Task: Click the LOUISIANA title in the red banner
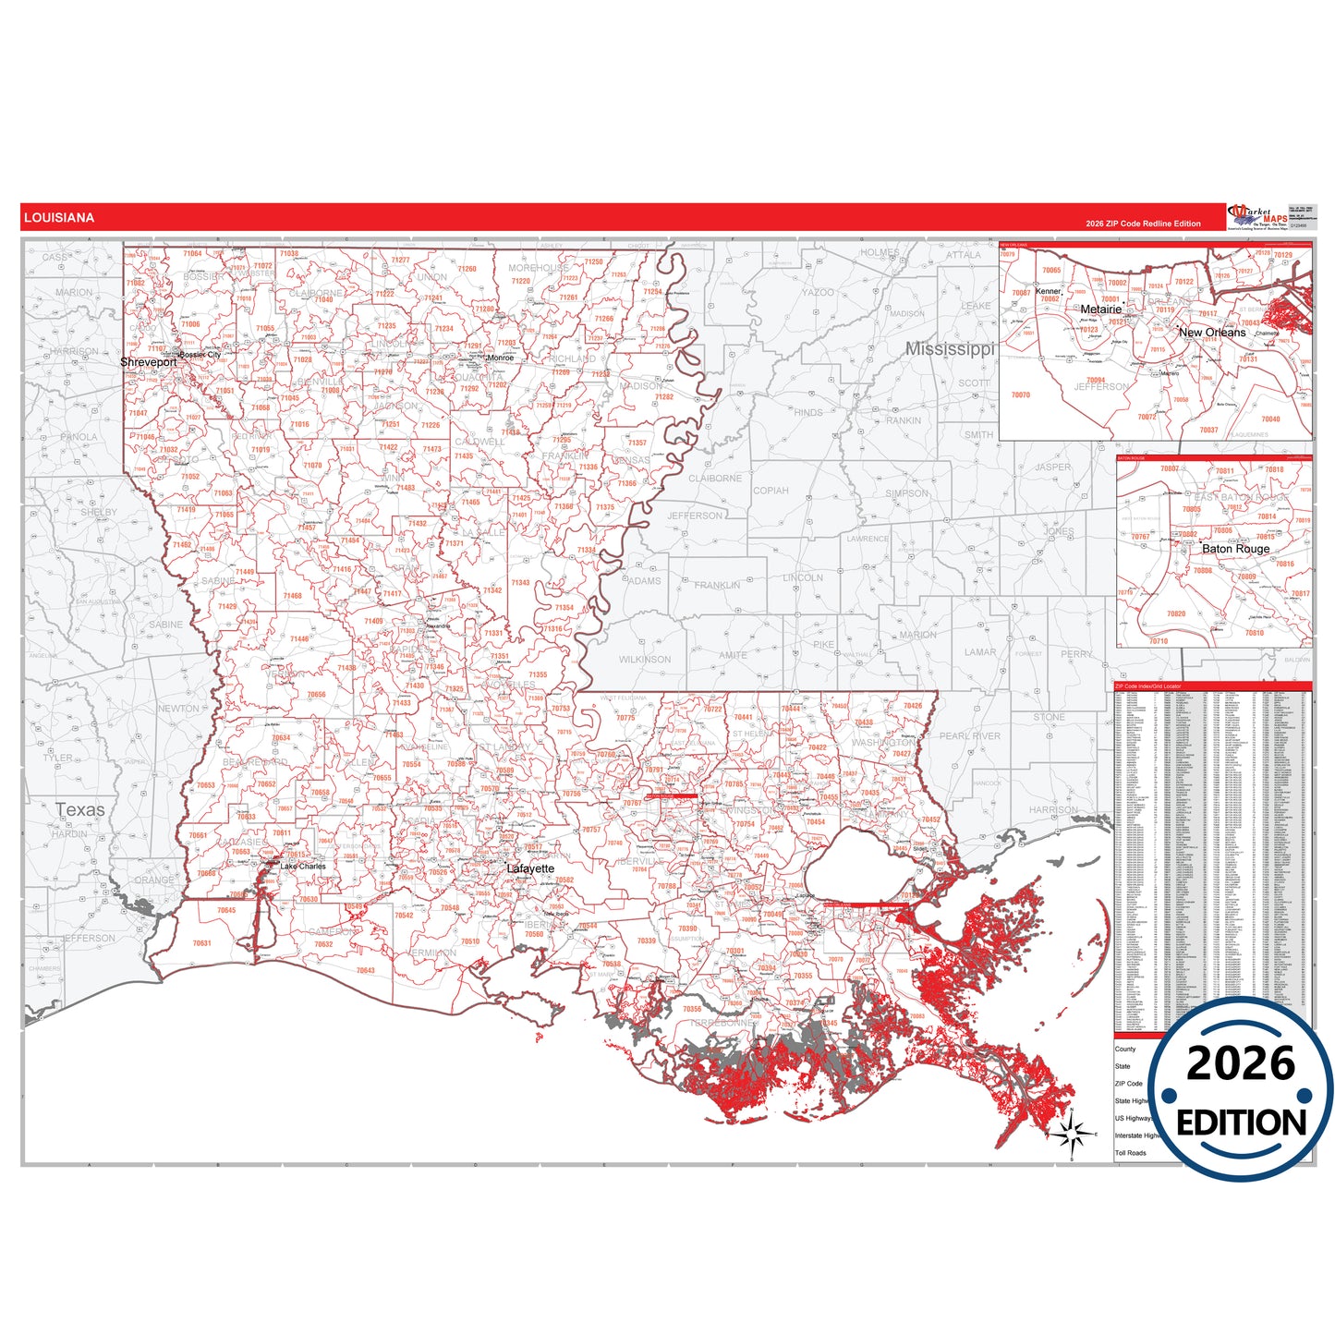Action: click(x=59, y=218)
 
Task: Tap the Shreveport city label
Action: click(x=148, y=362)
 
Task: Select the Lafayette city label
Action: click(x=530, y=868)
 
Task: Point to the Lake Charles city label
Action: click(x=303, y=867)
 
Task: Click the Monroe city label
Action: click(x=500, y=358)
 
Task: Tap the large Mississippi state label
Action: click(x=949, y=349)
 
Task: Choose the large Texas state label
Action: click(x=80, y=810)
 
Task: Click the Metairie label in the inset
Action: click(x=1100, y=309)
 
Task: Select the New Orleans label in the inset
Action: click(x=1211, y=333)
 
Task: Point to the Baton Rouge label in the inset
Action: click(x=1235, y=549)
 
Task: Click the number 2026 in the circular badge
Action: click(x=1241, y=1064)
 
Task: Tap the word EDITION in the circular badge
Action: click(x=1241, y=1123)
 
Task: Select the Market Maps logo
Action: click(x=1257, y=217)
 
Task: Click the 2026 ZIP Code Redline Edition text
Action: click(x=1143, y=224)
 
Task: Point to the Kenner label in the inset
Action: click(x=1048, y=291)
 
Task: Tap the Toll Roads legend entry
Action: click(x=1130, y=1153)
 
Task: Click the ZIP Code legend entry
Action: click(x=1128, y=1084)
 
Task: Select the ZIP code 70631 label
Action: click(x=201, y=943)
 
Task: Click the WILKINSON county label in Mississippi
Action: click(x=645, y=660)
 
